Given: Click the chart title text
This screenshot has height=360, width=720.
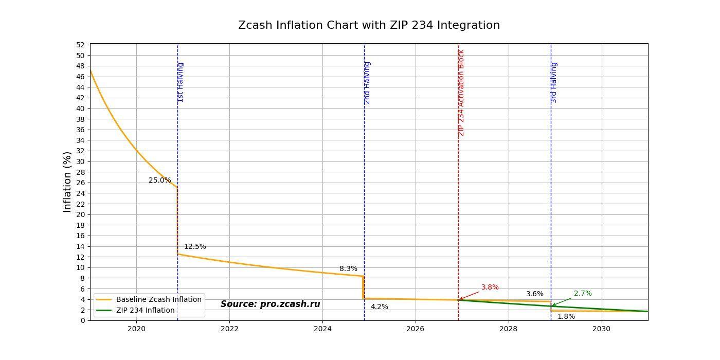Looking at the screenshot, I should click(x=369, y=25).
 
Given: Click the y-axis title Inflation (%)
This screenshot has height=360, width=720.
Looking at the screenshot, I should click(x=67, y=182).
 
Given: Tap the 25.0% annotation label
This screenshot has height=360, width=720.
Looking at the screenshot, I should click(x=159, y=181).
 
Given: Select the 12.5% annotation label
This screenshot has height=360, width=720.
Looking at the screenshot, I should click(x=195, y=247).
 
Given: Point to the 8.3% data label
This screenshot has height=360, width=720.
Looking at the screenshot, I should click(x=348, y=269).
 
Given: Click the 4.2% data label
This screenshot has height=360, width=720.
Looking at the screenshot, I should click(x=380, y=307).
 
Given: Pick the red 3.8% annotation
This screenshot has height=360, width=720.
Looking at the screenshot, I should click(x=490, y=287).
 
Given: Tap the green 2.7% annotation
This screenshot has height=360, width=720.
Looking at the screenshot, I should click(x=583, y=294).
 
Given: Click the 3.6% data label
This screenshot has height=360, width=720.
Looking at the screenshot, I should click(x=534, y=294).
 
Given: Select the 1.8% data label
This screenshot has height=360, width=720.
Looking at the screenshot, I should click(x=566, y=317).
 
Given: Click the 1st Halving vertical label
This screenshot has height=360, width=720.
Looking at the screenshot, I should click(x=181, y=82).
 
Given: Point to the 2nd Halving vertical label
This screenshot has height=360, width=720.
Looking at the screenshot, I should click(x=367, y=83).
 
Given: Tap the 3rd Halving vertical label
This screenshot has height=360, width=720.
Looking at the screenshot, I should click(x=554, y=83).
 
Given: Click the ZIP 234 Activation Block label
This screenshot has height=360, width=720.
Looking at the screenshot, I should click(x=461, y=93).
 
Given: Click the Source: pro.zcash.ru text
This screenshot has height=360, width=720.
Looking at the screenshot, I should click(x=270, y=304).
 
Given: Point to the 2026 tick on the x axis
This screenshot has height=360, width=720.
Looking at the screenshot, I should click(x=416, y=328).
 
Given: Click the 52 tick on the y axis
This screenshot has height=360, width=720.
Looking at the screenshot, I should click(x=81, y=45).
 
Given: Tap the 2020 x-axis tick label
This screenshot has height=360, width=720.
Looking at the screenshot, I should click(x=136, y=328).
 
